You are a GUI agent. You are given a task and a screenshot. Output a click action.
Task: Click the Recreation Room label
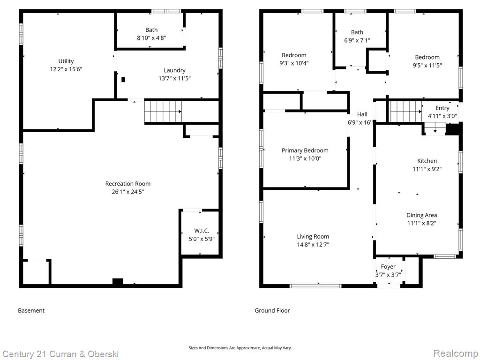click(x=128, y=184)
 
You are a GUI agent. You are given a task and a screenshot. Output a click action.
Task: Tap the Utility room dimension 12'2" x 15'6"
click(x=66, y=69)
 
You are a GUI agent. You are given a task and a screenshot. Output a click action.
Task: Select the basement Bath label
click(x=151, y=30)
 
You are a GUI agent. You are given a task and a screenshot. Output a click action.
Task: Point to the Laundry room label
click(x=174, y=70)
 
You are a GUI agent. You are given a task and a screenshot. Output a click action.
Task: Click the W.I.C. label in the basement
click(x=202, y=231)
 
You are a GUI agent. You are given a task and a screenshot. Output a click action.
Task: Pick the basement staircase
click(x=163, y=112)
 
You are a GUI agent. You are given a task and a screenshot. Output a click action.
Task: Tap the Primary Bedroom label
click(x=305, y=150)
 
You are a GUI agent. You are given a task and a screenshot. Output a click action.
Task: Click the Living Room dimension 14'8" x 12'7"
click(x=313, y=245)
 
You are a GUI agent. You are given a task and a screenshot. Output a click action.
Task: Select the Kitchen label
click(x=427, y=161)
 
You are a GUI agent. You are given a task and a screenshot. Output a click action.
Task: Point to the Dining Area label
click(x=421, y=215)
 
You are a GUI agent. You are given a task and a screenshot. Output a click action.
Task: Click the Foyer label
click(x=388, y=267)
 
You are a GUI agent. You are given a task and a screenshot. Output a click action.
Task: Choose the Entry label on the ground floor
click(x=442, y=108)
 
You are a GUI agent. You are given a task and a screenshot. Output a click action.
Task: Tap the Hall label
click(x=362, y=114)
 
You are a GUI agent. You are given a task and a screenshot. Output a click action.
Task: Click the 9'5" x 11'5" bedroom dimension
click(x=427, y=65)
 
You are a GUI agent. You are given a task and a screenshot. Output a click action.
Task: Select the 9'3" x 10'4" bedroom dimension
click(x=294, y=63)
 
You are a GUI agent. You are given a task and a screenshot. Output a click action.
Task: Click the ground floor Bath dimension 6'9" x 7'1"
click(x=357, y=40)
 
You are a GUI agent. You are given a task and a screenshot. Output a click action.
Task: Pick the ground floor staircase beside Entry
click(x=405, y=112)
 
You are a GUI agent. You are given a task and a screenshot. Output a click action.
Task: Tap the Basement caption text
click(x=31, y=310)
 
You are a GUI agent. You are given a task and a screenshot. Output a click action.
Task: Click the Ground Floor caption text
click(x=272, y=310)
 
